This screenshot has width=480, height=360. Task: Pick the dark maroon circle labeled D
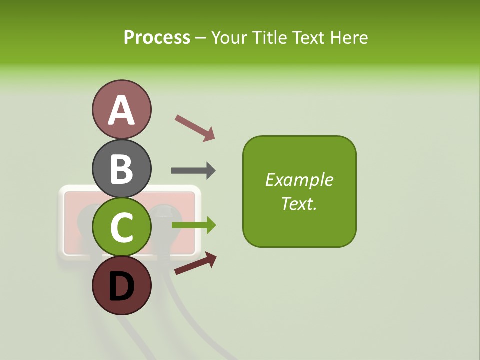pyautogui.click(x=121, y=285)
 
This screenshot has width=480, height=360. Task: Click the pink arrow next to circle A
pyautogui.click(x=195, y=127)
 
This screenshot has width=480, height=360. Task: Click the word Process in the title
pyautogui.click(x=157, y=38)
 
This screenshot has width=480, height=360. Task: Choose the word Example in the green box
pyautogui.click(x=299, y=180)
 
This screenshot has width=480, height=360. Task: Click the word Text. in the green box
pyautogui.click(x=299, y=203)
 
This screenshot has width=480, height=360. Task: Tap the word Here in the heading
pyautogui.click(x=349, y=38)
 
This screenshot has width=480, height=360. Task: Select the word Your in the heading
pyautogui.click(x=228, y=38)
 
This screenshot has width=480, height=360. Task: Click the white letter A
pyautogui.click(x=121, y=111)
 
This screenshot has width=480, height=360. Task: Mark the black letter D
pyautogui.click(x=121, y=287)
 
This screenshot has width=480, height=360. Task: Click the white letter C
pyautogui.click(x=121, y=228)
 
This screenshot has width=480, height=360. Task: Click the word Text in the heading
pyautogui.click(x=309, y=38)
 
